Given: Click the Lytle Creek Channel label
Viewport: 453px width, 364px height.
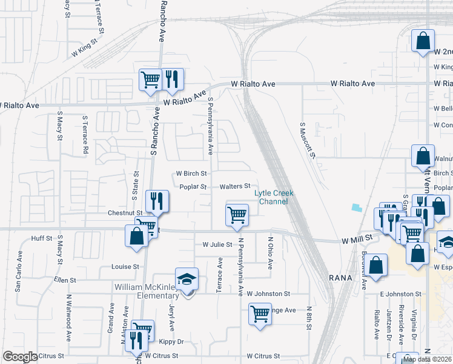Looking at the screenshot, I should (x=274, y=197).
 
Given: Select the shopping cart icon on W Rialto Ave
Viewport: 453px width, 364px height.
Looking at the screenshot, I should (x=150, y=79).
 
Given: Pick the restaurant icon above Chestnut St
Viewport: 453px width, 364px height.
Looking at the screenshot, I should (x=157, y=201).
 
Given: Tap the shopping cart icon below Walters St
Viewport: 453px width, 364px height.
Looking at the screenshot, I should (x=237, y=215).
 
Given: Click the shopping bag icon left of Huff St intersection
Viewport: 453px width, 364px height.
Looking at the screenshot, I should (x=136, y=236).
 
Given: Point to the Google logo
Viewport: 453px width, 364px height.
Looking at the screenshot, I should (x=19, y=357).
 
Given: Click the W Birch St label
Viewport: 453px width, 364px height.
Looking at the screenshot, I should (x=191, y=174).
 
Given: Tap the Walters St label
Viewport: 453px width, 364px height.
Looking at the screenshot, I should (x=235, y=186).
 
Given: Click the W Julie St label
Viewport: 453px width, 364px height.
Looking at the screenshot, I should (x=217, y=245).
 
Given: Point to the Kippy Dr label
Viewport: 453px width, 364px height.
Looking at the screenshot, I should (x=171, y=342).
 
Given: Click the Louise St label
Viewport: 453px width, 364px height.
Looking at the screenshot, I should (x=125, y=266).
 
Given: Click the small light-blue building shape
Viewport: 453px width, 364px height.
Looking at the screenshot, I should (x=357, y=207).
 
